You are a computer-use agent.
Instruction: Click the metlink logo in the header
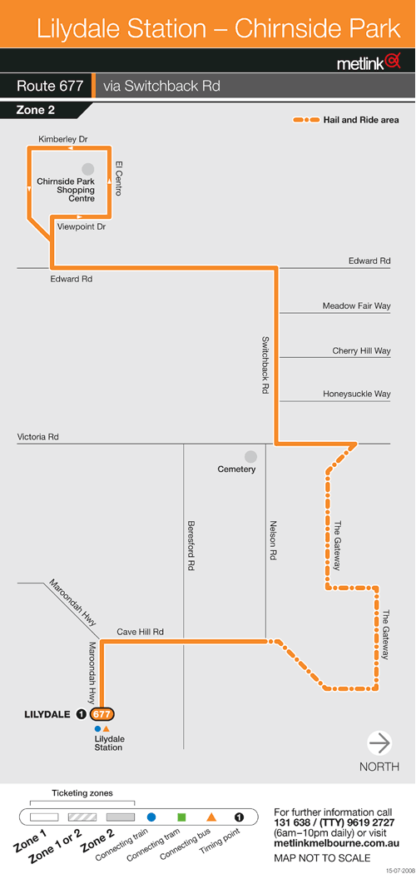(369, 62)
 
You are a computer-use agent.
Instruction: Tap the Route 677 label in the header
(50, 87)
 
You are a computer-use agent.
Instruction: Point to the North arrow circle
(379, 743)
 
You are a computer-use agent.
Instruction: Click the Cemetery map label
(236, 469)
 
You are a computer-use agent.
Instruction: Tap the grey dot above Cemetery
(250, 457)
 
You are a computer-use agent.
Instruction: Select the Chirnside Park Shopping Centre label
(66, 190)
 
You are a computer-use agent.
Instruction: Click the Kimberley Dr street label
(64, 138)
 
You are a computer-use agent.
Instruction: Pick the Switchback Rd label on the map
(265, 365)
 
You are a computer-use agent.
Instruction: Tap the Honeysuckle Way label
(357, 394)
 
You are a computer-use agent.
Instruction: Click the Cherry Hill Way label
(361, 351)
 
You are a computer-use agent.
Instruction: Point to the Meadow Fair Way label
(356, 306)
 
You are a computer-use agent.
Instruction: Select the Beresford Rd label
(191, 546)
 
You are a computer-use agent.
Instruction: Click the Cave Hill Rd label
(141, 632)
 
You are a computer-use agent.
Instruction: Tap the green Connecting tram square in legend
(181, 817)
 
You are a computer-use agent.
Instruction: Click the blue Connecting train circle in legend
(151, 817)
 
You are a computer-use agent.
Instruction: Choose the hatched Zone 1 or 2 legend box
(82, 817)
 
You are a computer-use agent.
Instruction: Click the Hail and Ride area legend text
(361, 120)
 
